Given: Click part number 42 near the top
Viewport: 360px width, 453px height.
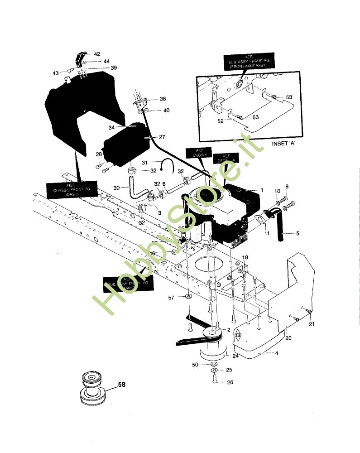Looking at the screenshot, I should coord(97,54).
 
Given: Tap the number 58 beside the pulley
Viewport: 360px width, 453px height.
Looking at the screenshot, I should coord(122,385).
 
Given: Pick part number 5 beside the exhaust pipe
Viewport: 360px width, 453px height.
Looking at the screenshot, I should coord(298,234).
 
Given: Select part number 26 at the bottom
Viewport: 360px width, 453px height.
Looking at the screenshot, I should coord(230,382).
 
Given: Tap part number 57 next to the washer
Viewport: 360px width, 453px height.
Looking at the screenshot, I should coord(171,297).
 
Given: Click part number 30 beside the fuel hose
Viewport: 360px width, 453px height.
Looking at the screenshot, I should coord(116,188).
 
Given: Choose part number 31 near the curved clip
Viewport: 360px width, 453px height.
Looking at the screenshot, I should coord(145,163).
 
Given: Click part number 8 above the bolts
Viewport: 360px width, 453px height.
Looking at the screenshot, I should coord(286,186).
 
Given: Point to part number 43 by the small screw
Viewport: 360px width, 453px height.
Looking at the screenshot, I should coord(56,72).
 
